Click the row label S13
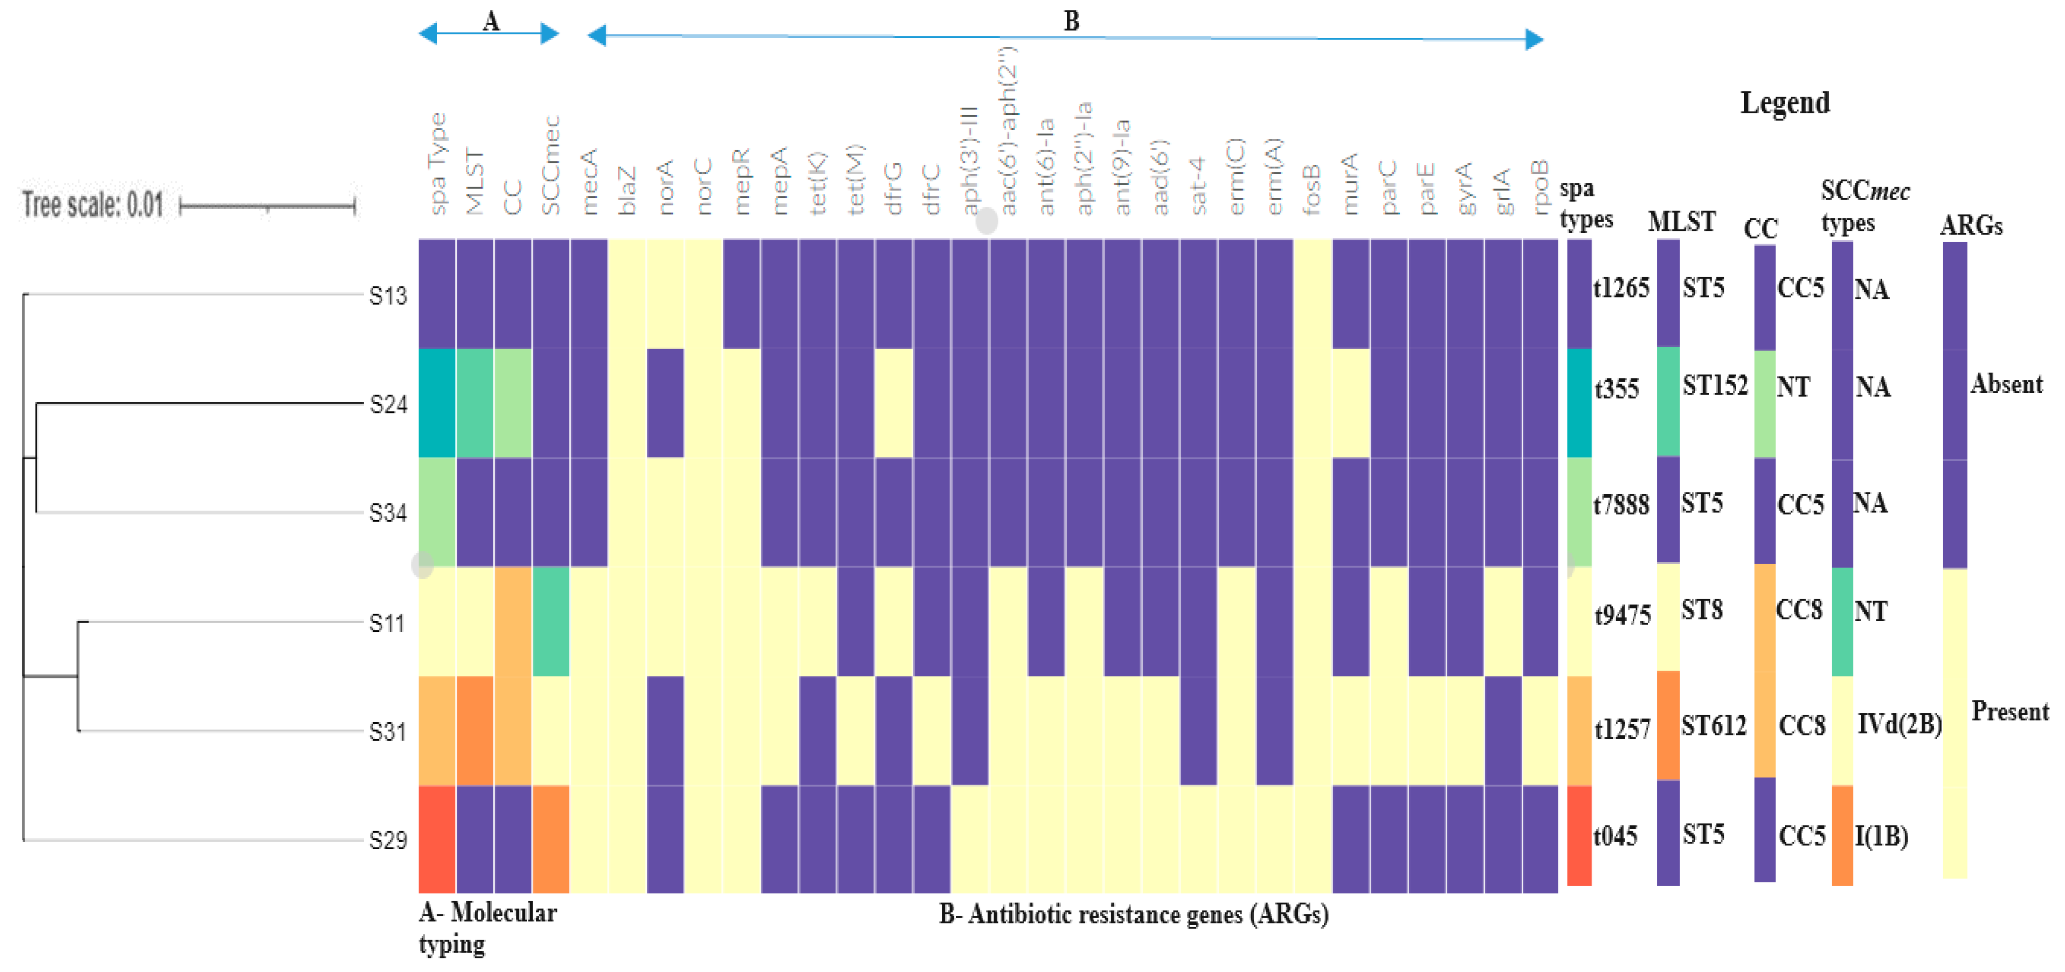(x=388, y=296)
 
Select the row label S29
(x=388, y=840)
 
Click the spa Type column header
(x=437, y=164)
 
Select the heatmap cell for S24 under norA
(x=665, y=403)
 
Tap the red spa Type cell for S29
(x=437, y=839)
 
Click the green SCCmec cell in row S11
(x=551, y=622)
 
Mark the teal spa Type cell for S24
(x=437, y=403)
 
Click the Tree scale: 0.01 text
(x=92, y=205)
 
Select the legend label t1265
(x=1621, y=287)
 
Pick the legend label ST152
(x=1714, y=385)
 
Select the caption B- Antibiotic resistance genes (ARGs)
(x=1133, y=914)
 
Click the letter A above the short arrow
(x=490, y=22)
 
